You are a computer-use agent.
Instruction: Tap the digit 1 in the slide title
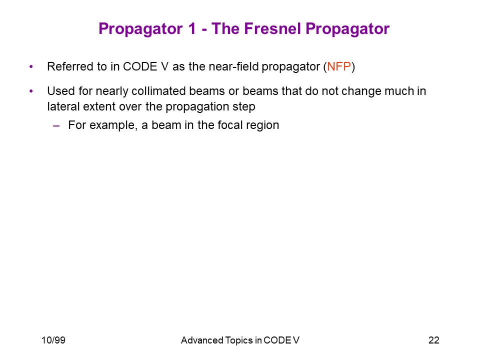[192, 29]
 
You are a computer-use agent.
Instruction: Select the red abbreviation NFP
[339, 66]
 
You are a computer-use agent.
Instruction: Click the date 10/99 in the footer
[53, 340]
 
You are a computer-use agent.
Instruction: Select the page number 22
[434, 340]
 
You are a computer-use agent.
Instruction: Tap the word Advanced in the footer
[202, 340]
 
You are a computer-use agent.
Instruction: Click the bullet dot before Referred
[31, 66]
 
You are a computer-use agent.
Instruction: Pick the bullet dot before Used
[31, 91]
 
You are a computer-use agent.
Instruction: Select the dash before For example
[56, 125]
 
